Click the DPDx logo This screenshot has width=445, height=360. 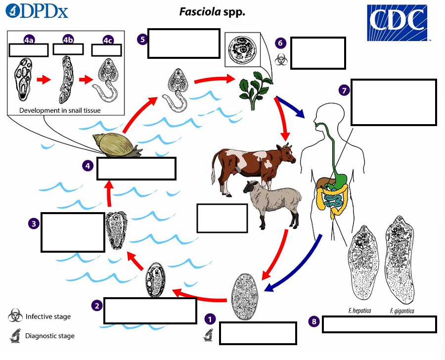pos(38,11)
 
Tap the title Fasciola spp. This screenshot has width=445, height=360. pos(212,11)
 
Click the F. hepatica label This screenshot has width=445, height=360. pos(359,311)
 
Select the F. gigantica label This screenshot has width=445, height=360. pos(402,311)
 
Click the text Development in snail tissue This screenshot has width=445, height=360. pos(60,110)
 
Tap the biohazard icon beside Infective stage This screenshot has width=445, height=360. pos(14,316)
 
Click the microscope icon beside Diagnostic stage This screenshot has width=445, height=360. pos(14,336)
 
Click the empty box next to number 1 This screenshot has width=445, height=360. pos(258,333)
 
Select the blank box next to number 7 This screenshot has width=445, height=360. pos(394,102)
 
